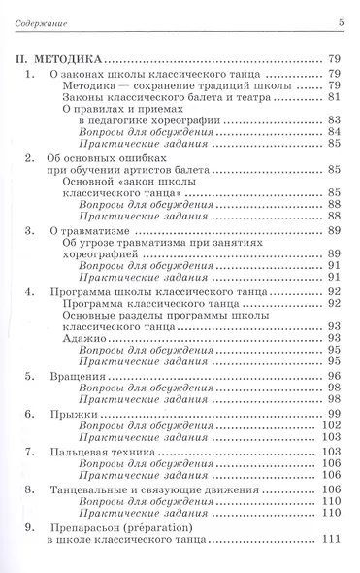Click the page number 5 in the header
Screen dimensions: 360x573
342,22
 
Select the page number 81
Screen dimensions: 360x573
340,97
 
